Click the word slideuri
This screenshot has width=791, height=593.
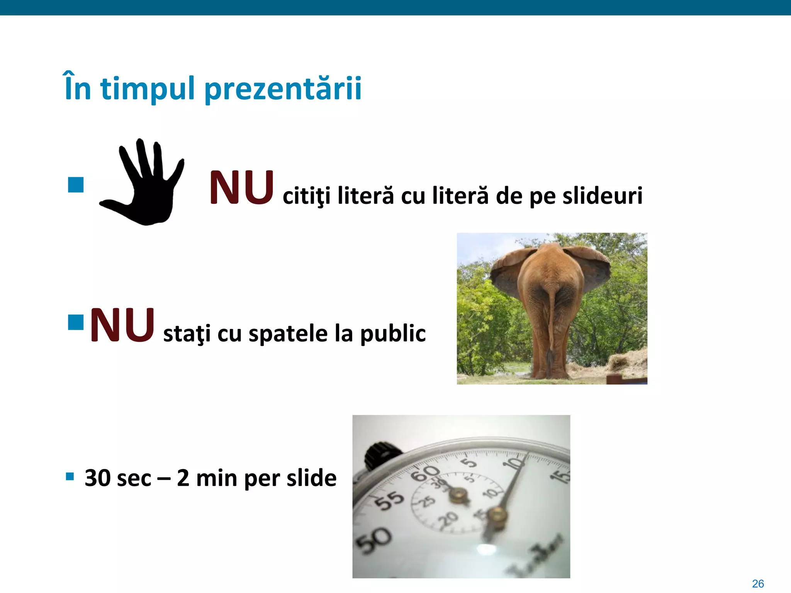point(602,196)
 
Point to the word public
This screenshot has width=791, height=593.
point(393,334)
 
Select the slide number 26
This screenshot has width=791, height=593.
point(758,583)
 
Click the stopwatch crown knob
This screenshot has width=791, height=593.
point(380,456)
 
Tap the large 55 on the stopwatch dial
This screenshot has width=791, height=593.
point(390,500)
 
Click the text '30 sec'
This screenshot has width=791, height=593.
point(118,478)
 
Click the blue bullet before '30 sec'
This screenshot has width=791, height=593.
point(70,476)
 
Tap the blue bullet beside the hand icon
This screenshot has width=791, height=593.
point(76,185)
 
